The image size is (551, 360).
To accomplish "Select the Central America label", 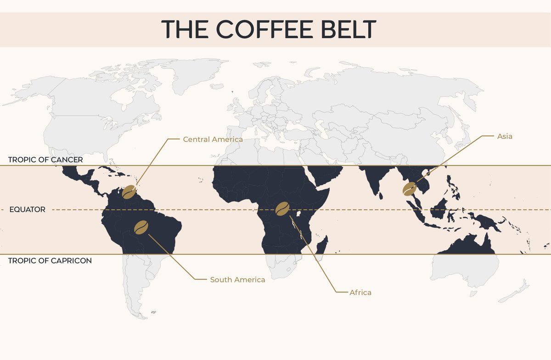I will [x=213, y=139].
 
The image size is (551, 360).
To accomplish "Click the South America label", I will [x=237, y=279].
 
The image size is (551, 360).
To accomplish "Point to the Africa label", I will [x=360, y=292].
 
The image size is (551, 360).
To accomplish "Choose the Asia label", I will [x=505, y=136].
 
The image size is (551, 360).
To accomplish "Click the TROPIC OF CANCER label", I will [x=45, y=160].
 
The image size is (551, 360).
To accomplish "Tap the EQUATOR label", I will [x=27, y=209].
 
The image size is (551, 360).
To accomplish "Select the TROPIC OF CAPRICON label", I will [x=50, y=260].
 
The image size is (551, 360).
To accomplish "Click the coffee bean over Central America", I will [x=129, y=191].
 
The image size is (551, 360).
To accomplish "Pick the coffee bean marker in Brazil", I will [x=141, y=227].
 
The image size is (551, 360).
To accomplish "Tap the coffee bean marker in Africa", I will [x=282, y=208].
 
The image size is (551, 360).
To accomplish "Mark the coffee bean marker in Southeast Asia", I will [x=409, y=188].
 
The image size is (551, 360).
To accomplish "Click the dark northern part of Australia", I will [x=466, y=246].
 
